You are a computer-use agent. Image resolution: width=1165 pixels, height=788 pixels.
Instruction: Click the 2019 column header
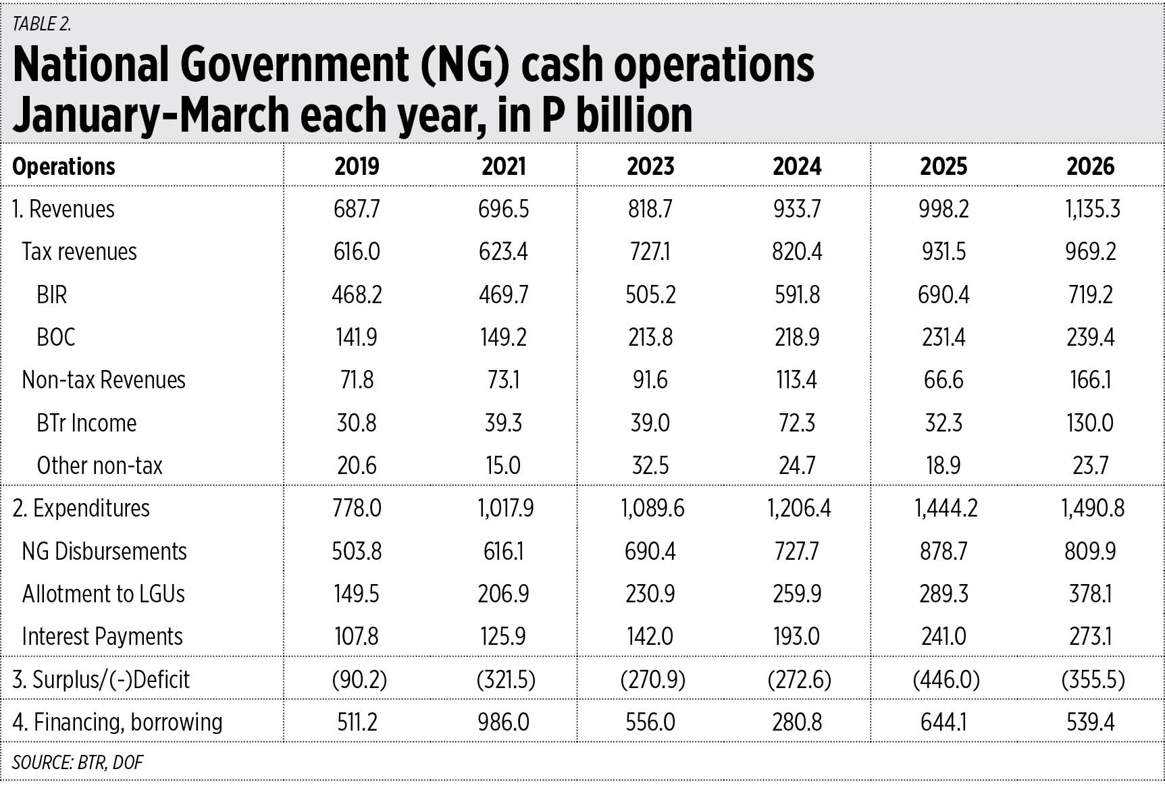357,166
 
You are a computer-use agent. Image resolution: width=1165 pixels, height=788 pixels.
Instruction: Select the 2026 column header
1090,166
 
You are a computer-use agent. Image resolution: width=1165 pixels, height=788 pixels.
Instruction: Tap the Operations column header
64,166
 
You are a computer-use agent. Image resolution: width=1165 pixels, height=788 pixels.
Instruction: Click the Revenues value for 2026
1092,209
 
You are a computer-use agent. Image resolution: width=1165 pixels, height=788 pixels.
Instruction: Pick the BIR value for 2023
650,294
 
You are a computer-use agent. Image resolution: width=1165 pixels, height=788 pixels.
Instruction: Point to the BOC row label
55,337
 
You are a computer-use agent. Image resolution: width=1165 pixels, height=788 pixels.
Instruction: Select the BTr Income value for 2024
797,423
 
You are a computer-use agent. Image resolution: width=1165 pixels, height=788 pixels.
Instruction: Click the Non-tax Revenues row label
103,379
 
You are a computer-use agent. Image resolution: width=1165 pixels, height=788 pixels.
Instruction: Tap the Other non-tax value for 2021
503,465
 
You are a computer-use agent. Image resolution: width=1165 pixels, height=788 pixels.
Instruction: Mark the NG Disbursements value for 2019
357,551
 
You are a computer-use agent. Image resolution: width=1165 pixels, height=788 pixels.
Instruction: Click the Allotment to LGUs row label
103,594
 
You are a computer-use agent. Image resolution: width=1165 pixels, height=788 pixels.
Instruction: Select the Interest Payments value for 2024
797,636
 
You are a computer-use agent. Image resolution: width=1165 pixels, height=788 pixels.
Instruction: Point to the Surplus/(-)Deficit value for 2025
946,679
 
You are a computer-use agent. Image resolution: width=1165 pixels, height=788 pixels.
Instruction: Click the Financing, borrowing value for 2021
503,722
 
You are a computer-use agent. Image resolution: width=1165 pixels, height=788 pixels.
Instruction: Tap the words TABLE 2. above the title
41,24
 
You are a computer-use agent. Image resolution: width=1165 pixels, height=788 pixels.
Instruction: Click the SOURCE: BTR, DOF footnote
78,762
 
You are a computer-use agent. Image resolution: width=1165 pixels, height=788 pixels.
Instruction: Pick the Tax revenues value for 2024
797,252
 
